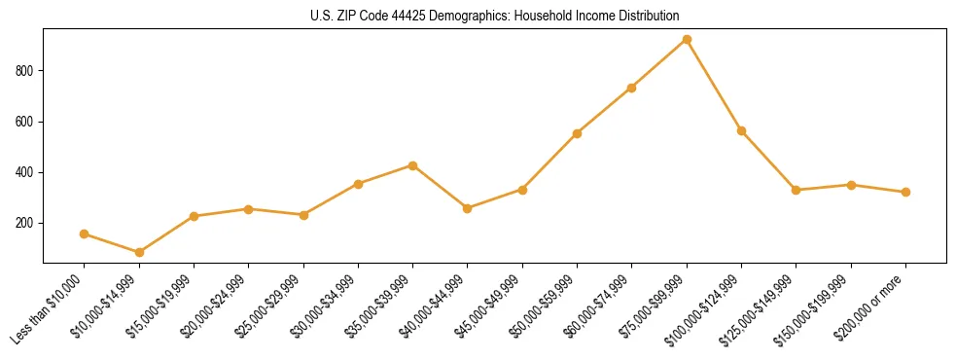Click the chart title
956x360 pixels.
coord(495,16)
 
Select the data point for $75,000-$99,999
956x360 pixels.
coord(687,40)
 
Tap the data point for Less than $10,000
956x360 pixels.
coord(85,234)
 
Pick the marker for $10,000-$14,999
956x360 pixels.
coord(139,252)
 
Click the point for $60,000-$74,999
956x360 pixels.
coord(632,88)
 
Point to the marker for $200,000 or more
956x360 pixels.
coord(905,192)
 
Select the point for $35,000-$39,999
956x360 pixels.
coord(412,165)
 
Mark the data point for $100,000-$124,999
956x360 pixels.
coord(741,130)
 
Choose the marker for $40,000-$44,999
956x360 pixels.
coord(468,208)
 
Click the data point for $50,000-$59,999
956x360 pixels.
coord(577,133)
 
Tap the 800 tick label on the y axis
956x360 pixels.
coord(25,71)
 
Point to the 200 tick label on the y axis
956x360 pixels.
coord(25,223)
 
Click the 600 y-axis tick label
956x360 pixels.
coord(25,122)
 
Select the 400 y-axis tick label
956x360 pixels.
coord(25,172)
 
